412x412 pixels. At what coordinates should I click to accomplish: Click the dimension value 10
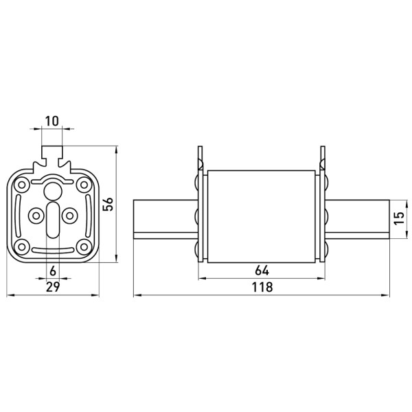52,121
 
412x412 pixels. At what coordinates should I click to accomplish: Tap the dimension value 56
108,204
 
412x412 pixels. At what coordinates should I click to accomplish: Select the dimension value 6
53,271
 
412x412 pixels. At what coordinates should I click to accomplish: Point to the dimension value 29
53,286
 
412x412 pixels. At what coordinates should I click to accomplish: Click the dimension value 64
262,271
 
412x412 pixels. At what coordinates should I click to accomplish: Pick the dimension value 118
262,287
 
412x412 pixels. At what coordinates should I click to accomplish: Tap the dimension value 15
399,218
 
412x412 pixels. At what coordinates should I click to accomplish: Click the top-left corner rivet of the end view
22,185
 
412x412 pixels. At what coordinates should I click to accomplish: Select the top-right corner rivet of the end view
84,185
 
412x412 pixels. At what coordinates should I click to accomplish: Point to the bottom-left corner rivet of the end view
22,247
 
